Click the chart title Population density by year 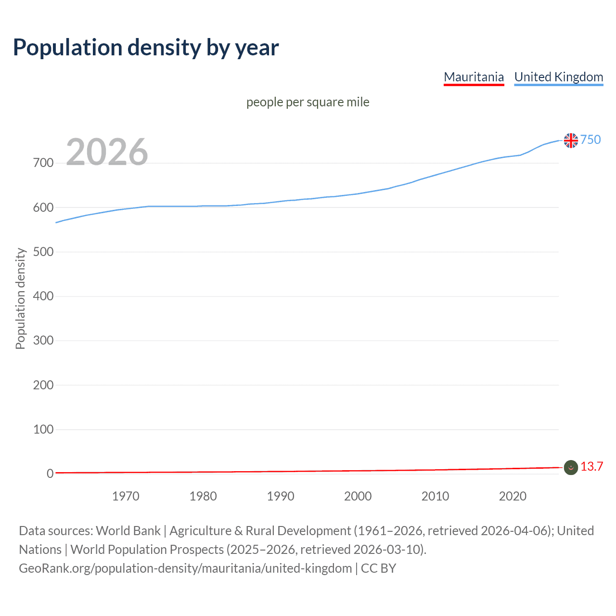146,48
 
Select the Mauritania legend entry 474,77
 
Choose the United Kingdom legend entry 558,77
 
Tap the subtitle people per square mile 308,102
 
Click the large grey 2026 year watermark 107,152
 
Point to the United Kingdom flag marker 571,141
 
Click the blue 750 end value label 590,140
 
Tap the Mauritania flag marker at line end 571,467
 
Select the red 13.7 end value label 591,466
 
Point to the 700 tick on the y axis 43,163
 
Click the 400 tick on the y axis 43,296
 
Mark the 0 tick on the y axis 50,474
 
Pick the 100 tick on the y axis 43,429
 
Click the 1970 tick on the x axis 126,496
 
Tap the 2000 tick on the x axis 358,496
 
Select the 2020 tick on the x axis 513,496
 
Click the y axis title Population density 20,298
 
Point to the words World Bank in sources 128,531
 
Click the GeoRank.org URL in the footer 185,568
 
